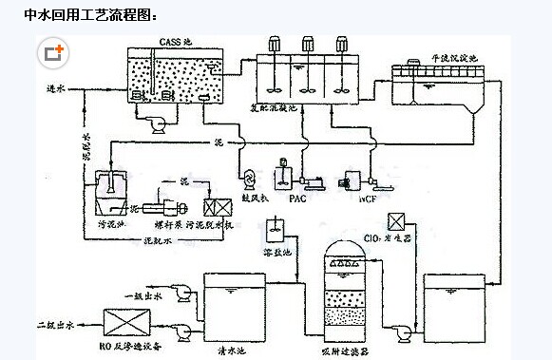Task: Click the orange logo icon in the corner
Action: coord(54,53)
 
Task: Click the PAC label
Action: coord(296,199)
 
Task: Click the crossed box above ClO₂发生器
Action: coord(403,221)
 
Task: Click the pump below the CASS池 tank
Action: coord(157,119)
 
